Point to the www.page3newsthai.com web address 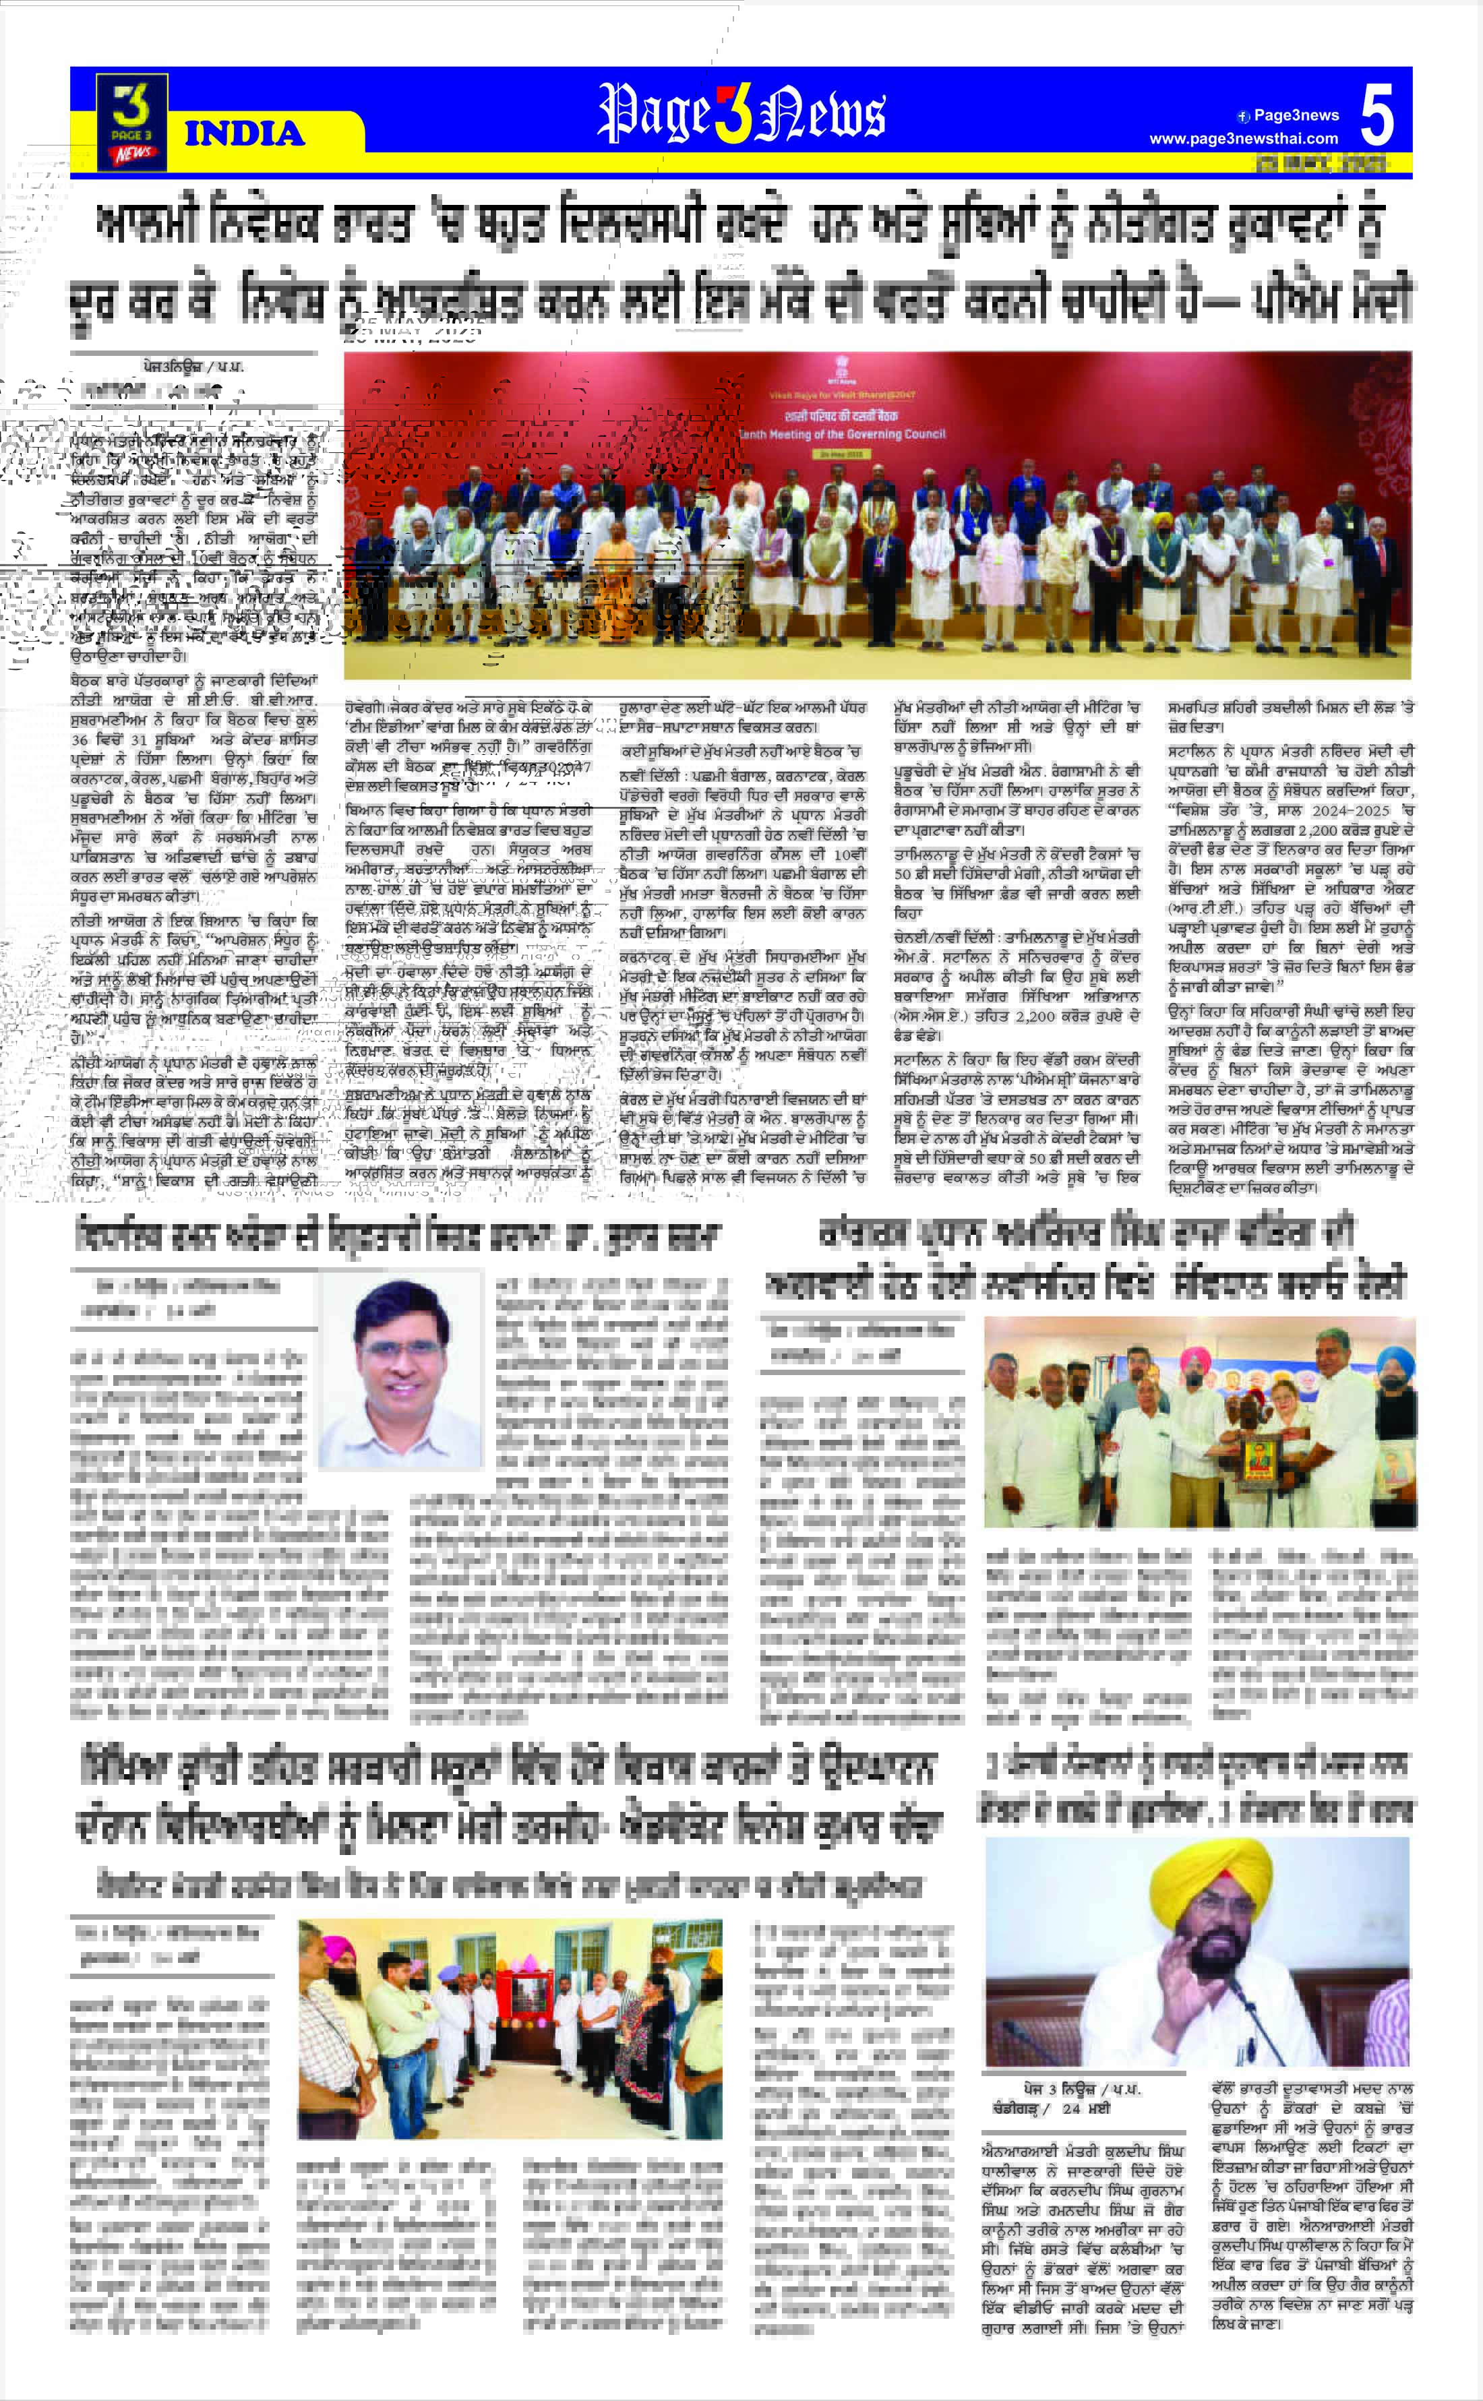click(1243, 140)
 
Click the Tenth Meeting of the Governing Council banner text click(841, 433)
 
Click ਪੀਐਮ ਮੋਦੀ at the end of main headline click(1334, 299)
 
